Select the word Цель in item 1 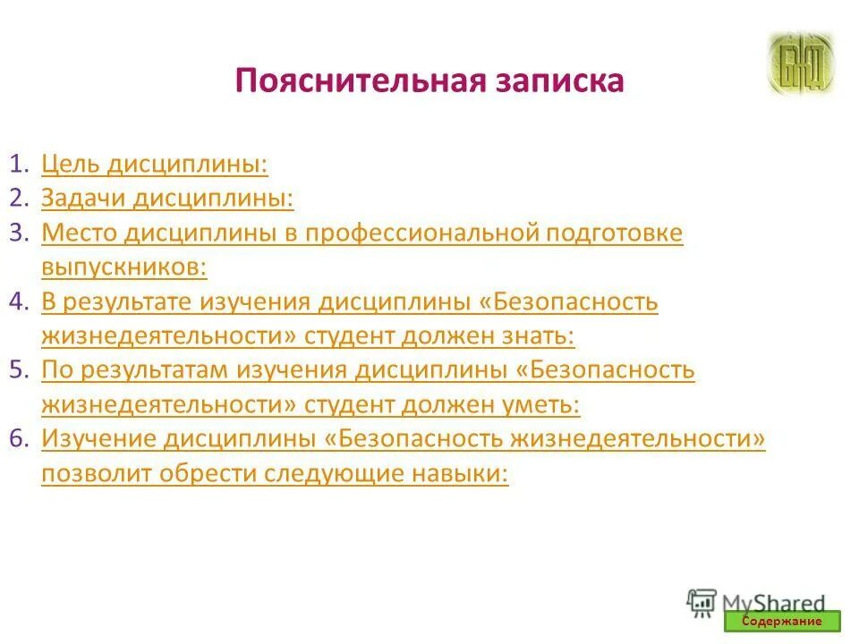click(x=74, y=165)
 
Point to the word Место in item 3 click(x=79, y=233)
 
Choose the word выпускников click(x=123, y=267)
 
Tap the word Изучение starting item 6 click(x=99, y=439)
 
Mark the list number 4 click(x=19, y=302)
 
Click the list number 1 click(x=19, y=165)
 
